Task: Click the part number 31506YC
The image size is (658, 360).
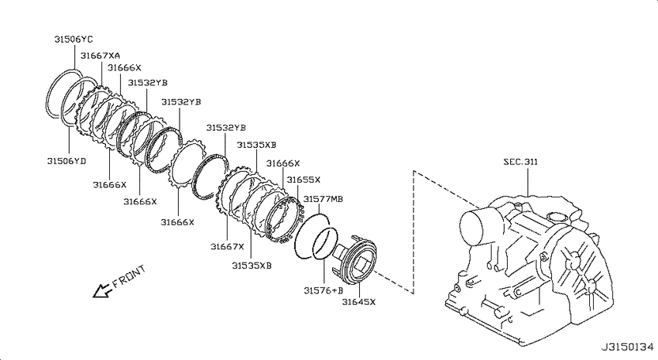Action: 74,39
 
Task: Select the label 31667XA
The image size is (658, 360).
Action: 101,56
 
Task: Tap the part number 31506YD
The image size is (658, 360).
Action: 67,161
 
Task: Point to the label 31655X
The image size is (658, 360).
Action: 303,180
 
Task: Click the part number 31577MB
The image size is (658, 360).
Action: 323,198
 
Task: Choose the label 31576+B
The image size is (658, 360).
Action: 324,290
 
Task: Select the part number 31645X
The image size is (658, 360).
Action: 358,301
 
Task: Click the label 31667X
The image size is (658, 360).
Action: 227,246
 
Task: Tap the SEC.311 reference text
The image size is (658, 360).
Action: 520,162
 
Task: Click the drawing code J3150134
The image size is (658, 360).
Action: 627,347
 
